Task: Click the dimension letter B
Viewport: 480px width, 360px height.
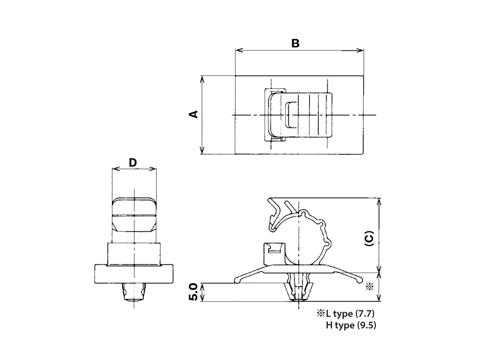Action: click(295, 44)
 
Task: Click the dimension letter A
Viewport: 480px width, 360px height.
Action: click(194, 114)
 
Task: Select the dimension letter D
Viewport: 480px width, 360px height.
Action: click(133, 163)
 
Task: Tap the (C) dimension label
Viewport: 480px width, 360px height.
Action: click(370, 238)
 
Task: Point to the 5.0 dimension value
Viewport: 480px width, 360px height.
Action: click(194, 292)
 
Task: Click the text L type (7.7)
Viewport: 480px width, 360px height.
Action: click(350, 313)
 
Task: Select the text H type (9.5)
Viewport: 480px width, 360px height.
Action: click(351, 325)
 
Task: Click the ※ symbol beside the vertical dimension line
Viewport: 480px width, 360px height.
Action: click(370, 287)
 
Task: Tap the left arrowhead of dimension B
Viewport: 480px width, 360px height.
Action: click(239, 50)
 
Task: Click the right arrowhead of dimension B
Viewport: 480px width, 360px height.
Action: click(361, 50)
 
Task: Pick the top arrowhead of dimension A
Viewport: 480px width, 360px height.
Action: click(202, 79)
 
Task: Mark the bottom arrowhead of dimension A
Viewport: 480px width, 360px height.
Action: click(202, 150)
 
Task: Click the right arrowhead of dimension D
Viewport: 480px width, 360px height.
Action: click(153, 169)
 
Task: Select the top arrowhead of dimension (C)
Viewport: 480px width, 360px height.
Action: click(379, 202)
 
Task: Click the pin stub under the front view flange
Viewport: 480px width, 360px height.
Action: click(134, 292)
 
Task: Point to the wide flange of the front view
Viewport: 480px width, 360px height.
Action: click(134, 274)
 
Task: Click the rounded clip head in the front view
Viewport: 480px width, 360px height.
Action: click(134, 215)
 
